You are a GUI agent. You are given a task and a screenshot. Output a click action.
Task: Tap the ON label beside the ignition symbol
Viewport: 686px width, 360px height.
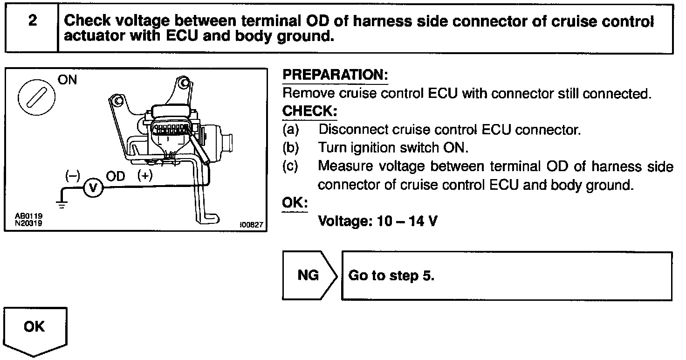(68, 80)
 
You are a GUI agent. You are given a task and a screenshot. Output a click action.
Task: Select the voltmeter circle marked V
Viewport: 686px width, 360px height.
(93, 187)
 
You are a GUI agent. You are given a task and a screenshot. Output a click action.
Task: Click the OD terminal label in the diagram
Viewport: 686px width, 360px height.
(116, 176)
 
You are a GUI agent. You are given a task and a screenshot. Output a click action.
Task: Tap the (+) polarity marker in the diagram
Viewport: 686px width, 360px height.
(145, 176)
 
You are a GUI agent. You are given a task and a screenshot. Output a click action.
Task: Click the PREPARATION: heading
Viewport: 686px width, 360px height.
(336, 75)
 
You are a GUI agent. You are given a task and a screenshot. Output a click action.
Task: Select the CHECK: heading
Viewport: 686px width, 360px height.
(309, 112)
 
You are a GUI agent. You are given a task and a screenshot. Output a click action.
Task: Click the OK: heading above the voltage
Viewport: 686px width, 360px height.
(295, 204)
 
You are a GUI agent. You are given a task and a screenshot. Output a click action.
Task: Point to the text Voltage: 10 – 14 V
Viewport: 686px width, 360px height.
(377, 221)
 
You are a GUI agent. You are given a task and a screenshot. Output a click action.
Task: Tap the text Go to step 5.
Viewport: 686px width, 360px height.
(391, 276)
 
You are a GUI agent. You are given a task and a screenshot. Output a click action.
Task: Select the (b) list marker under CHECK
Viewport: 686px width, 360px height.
(290, 148)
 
